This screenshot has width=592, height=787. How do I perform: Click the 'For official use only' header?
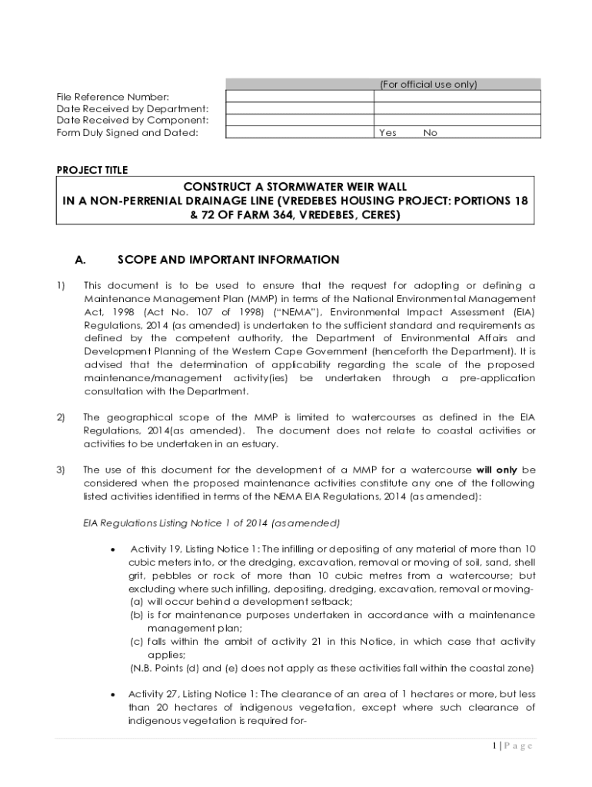(x=428, y=85)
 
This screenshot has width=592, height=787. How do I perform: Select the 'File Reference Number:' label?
(x=112, y=97)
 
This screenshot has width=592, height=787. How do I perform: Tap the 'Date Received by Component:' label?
(x=132, y=121)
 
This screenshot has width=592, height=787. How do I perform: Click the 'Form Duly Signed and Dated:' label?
(x=127, y=133)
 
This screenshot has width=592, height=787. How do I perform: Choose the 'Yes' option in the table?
(x=388, y=133)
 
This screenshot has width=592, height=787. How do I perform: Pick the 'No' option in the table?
(x=430, y=133)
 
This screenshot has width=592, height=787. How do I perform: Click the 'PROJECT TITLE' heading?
(x=92, y=170)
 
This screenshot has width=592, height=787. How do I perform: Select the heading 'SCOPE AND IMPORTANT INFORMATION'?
(x=228, y=260)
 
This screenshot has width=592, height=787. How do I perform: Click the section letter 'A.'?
(x=80, y=260)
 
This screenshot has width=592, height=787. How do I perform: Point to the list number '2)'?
(x=61, y=417)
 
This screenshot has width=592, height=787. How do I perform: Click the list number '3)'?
(x=61, y=470)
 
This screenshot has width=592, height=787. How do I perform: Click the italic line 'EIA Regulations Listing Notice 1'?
(x=211, y=523)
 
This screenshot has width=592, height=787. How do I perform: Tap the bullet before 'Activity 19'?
(x=114, y=550)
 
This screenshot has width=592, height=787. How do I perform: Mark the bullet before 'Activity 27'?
(x=114, y=694)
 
